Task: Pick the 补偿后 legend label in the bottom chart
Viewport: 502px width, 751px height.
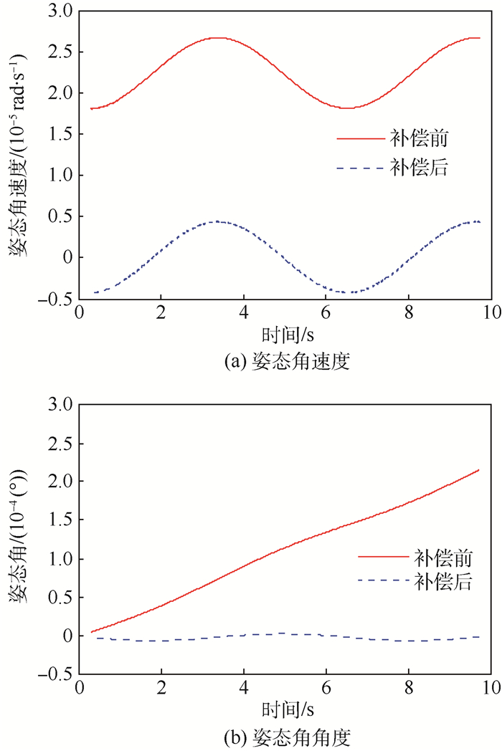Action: pyautogui.click(x=442, y=582)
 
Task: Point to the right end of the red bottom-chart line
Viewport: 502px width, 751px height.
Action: pyautogui.click(x=478, y=470)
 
